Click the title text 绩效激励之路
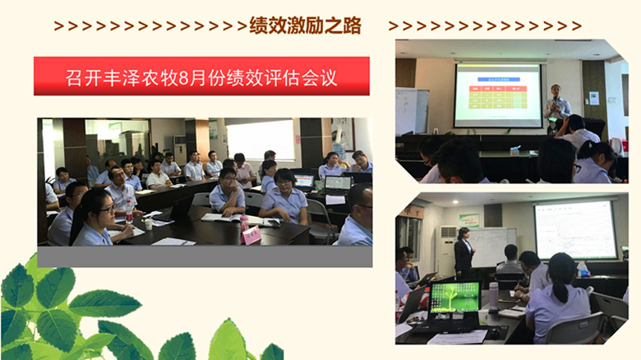(x=305, y=25)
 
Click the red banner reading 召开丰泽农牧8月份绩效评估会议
(x=201, y=79)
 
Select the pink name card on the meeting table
(x=251, y=235)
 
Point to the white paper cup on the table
(x=148, y=222)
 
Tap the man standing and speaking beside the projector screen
(x=558, y=108)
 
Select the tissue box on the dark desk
(x=514, y=150)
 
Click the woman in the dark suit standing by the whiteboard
(x=464, y=252)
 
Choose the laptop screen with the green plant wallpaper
(x=454, y=298)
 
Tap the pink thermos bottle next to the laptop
(x=494, y=296)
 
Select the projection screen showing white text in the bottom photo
(x=574, y=230)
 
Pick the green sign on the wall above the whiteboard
(x=468, y=219)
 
